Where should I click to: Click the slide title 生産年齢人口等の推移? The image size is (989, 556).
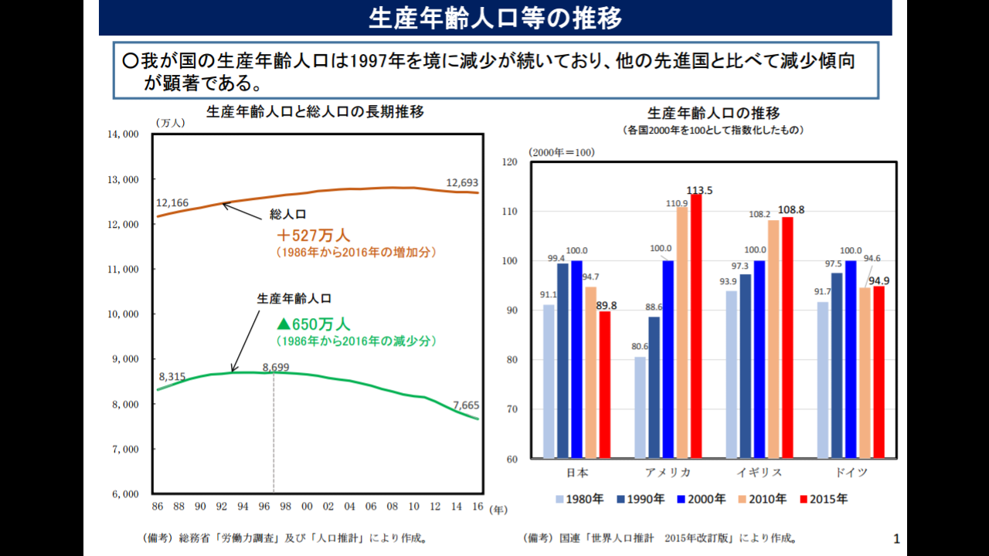(494, 18)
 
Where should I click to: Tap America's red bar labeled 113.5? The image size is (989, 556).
(696, 326)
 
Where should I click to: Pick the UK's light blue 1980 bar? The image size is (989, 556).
(731, 375)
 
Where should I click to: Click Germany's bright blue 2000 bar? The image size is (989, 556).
(851, 359)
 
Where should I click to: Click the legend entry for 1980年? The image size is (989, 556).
(579, 499)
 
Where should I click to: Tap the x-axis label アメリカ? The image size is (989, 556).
(668, 473)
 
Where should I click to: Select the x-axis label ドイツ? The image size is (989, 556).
(851, 473)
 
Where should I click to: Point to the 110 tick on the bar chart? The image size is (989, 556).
(509, 212)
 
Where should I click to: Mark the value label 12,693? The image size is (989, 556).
(462, 183)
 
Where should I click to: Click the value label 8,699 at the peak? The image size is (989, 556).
(276, 368)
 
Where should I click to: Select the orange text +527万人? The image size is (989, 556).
(314, 236)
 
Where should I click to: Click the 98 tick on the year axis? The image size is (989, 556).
(285, 507)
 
